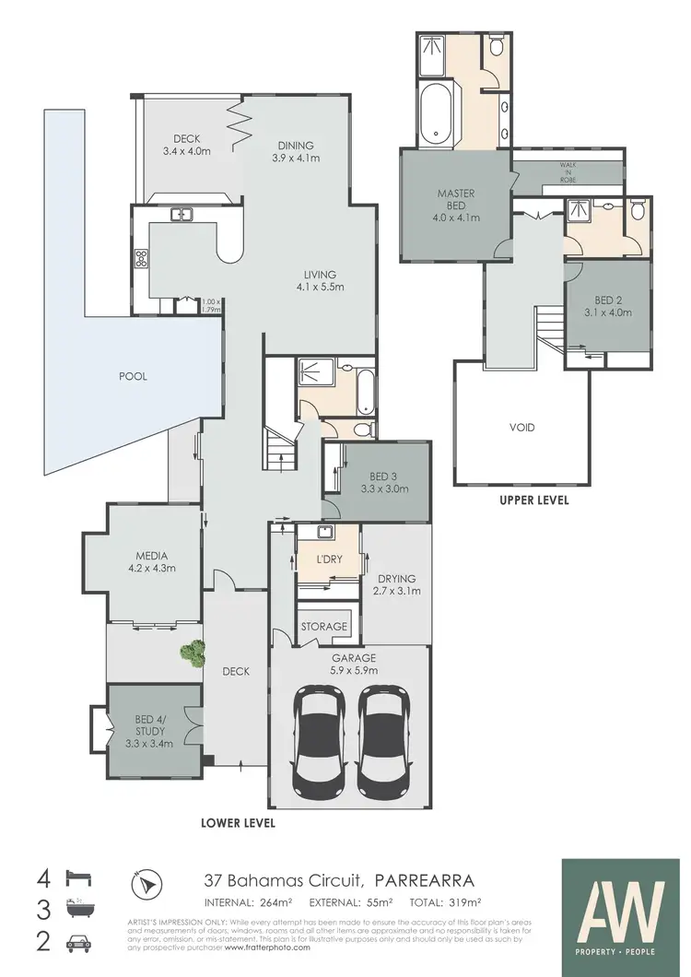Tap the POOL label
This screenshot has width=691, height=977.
[x=133, y=376]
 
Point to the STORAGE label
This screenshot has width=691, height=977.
[x=326, y=627]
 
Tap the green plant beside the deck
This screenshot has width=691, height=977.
[x=192, y=653]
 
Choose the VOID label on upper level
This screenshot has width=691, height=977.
[x=522, y=428]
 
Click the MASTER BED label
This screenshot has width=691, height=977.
[x=455, y=199]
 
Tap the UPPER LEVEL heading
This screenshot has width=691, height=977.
[x=533, y=500]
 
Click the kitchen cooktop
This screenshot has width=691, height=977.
[x=141, y=260]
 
